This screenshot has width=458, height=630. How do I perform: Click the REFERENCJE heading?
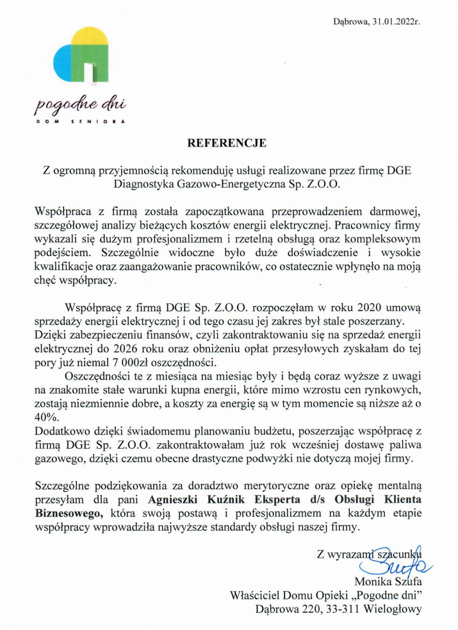(x=226, y=143)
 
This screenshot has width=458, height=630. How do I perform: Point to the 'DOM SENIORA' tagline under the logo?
(x=79, y=120)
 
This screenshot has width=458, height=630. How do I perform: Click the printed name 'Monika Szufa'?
(x=388, y=582)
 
